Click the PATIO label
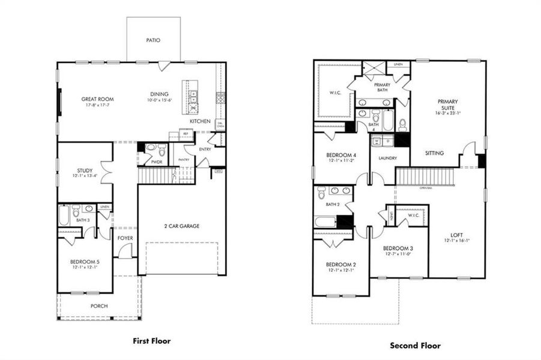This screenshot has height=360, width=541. point(153,41)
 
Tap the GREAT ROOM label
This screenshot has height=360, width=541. point(98,99)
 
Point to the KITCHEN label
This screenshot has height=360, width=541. point(200,121)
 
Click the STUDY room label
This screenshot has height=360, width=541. point(85,170)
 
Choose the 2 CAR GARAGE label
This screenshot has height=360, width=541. point(182,226)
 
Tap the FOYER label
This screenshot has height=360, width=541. point(124,238)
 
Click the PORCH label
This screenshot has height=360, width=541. point(99,306)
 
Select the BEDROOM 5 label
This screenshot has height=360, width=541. point(85,262)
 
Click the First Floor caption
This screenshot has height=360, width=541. point(151,341)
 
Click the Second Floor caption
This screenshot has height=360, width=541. point(415,346)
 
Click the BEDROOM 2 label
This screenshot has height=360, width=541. point(340,265)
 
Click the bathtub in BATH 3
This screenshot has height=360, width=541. point(64,215)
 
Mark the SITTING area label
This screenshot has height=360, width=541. point(434,154)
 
